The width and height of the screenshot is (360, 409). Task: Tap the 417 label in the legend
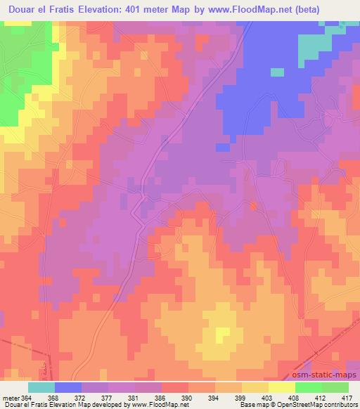(347, 397)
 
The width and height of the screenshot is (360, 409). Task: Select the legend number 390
(186, 397)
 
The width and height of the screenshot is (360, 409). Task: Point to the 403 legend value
(266, 397)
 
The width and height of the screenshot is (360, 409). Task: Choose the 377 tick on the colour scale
(105, 397)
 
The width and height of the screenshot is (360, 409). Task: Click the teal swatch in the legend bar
(41, 387)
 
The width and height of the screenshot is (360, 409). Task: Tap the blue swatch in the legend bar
(68, 387)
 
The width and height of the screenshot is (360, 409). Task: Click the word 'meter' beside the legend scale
(11, 397)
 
